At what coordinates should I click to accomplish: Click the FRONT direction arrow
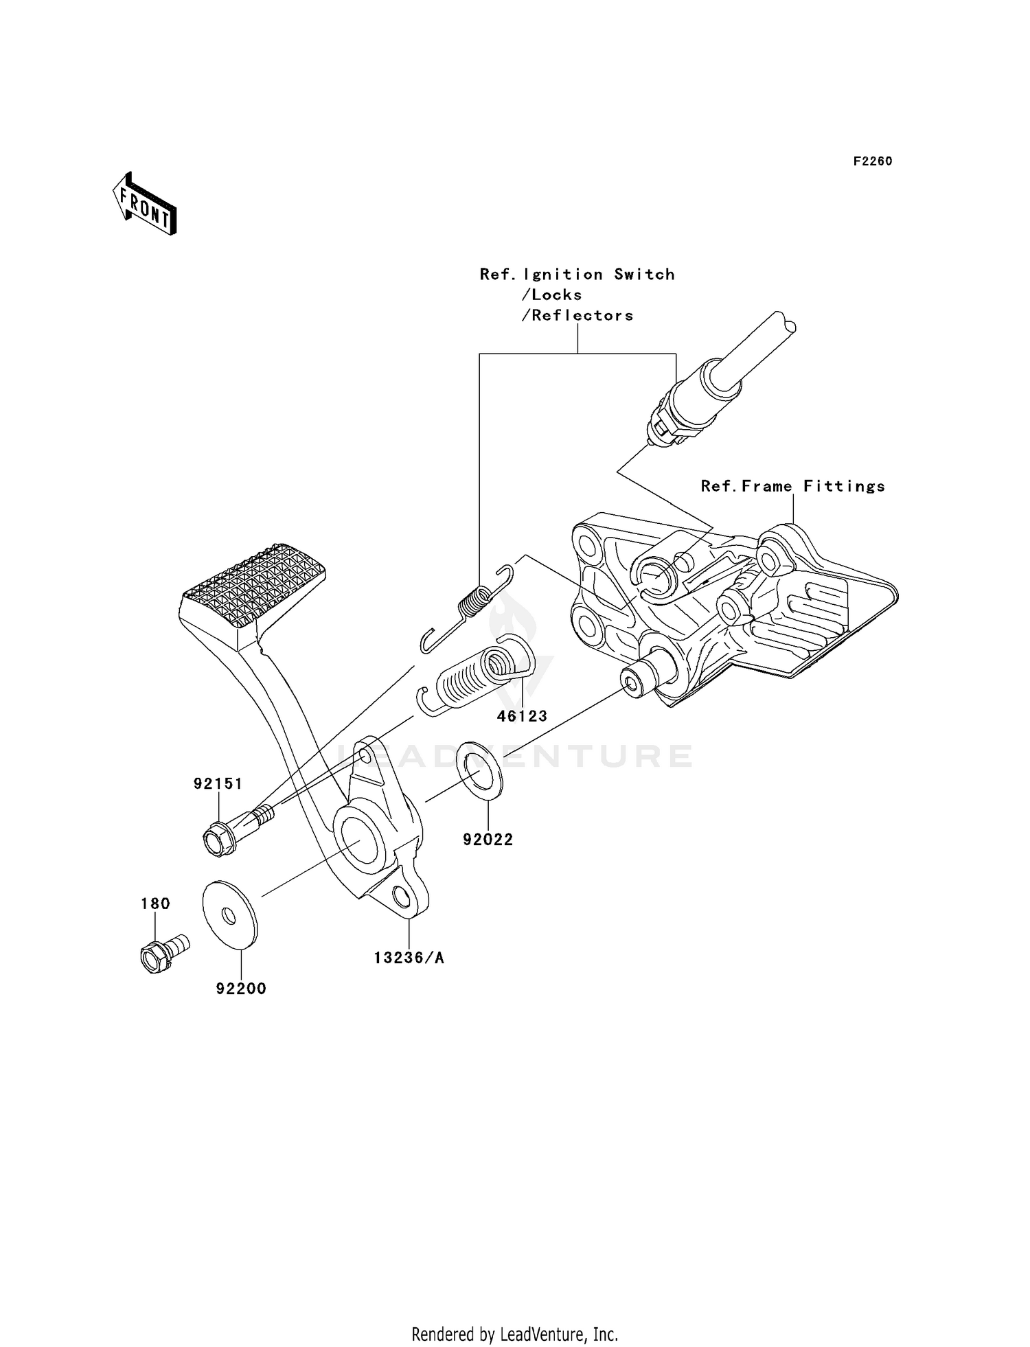click(145, 205)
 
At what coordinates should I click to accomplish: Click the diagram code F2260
click(872, 162)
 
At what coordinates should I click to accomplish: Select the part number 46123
click(522, 716)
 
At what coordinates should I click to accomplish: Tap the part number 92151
click(218, 784)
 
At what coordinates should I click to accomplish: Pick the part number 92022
click(488, 840)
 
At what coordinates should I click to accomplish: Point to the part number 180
click(155, 904)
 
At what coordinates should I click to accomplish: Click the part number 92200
click(241, 989)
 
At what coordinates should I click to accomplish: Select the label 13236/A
click(409, 958)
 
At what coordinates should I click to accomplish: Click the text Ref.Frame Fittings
click(792, 487)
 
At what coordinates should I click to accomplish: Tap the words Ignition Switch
click(599, 275)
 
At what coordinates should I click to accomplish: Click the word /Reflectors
click(577, 316)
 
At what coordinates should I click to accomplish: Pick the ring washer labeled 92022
click(479, 770)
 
